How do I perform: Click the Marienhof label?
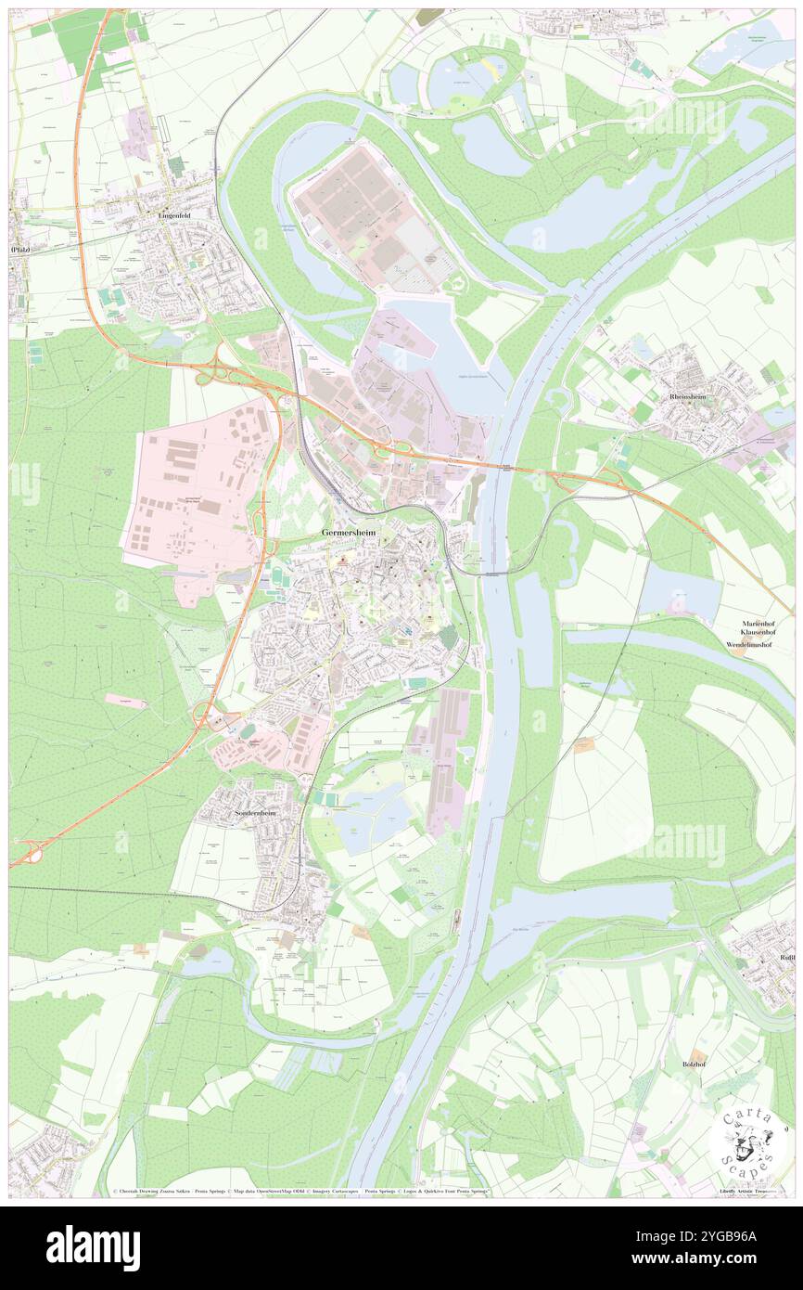click(x=760, y=624)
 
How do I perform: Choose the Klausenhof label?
click(x=760, y=634)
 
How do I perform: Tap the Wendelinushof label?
click(x=760, y=644)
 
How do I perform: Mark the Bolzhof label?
click(x=694, y=1064)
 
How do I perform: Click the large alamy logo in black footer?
click(x=93, y=1247)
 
